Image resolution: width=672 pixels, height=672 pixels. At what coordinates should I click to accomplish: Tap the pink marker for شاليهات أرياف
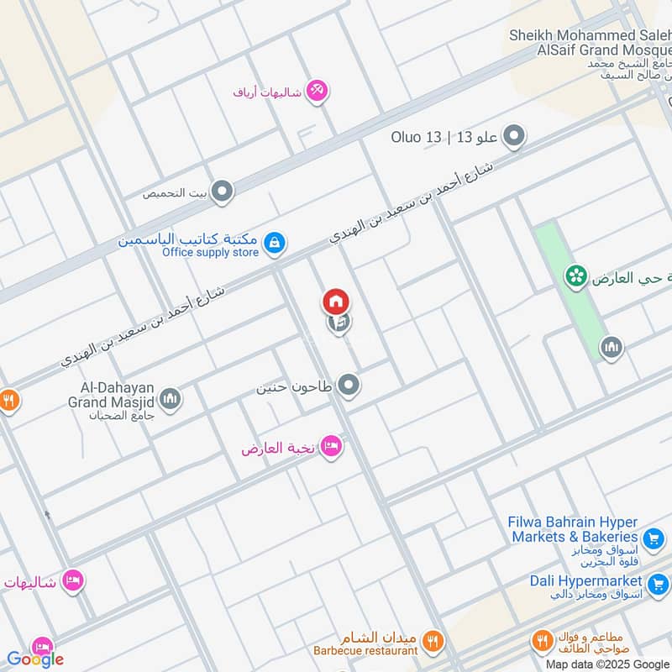(x=317, y=91)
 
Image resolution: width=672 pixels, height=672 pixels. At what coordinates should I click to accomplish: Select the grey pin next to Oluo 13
(x=514, y=136)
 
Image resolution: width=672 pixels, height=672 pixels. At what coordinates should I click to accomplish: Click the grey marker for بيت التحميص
(x=223, y=192)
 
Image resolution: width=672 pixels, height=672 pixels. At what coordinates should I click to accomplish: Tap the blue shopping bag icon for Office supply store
(x=274, y=244)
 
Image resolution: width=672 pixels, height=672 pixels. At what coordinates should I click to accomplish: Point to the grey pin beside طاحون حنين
(x=349, y=386)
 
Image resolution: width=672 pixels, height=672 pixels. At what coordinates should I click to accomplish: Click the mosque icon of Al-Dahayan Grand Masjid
(x=171, y=398)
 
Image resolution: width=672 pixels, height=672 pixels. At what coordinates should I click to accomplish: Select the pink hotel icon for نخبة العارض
(x=332, y=447)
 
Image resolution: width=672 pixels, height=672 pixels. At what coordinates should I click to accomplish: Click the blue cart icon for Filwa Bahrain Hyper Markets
(x=653, y=538)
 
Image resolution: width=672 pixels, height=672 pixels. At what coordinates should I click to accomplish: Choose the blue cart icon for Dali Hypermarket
(x=658, y=582)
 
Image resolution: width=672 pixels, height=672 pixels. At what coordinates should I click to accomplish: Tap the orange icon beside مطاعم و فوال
(x=543, y=643)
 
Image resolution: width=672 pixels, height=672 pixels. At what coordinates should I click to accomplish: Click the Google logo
(x=35, y=659)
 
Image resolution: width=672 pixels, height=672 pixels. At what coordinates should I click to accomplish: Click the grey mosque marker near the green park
(x=612, y=346)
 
